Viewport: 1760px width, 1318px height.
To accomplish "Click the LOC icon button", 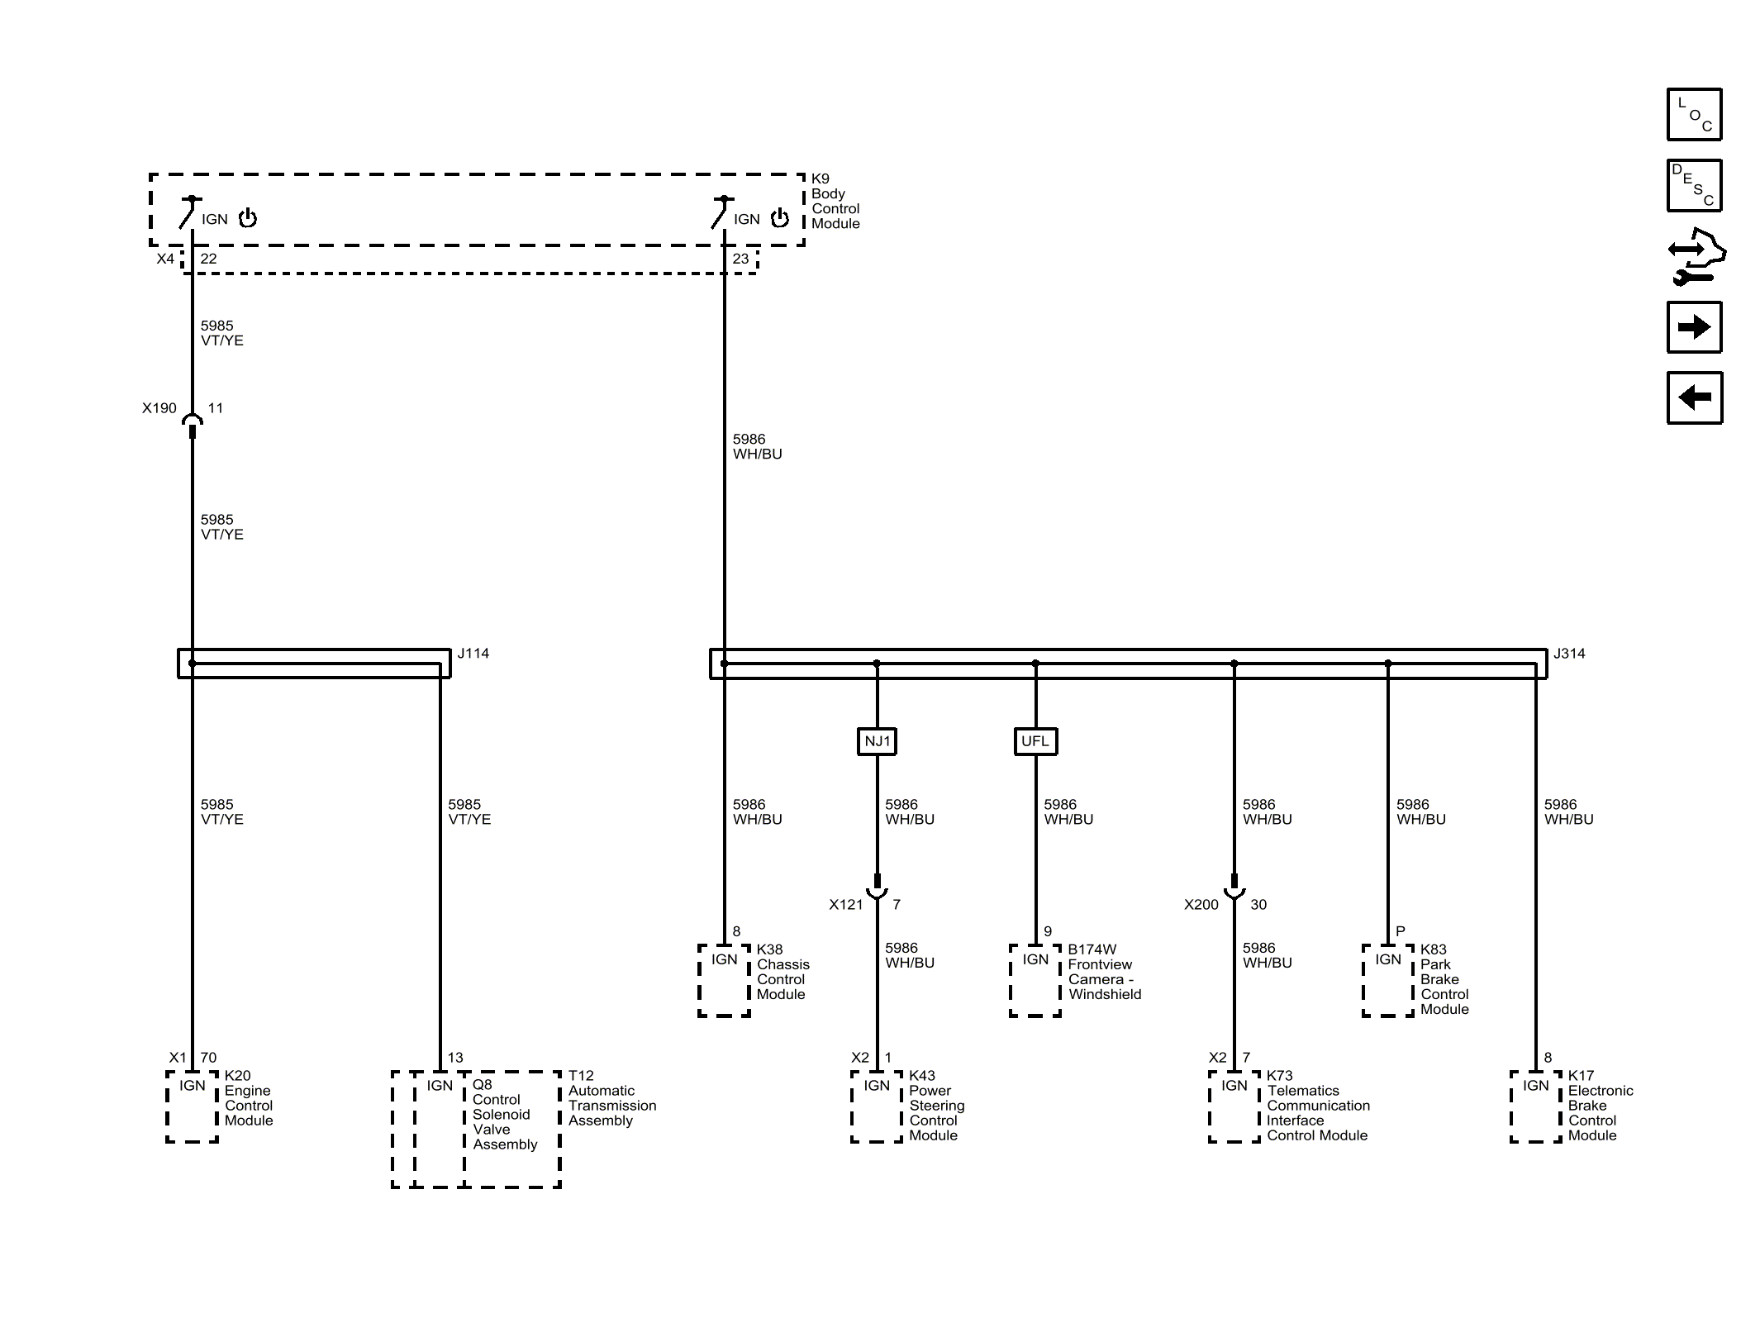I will click(1694, 114).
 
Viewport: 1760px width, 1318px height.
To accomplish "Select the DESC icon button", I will click(1694, 186).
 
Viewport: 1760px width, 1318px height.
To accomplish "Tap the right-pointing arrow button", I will click(1694, 327).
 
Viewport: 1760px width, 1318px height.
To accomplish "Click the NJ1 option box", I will click(877, 741).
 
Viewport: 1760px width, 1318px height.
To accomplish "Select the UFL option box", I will click(1035, 741).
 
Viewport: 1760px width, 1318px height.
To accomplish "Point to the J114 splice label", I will click(473, 654).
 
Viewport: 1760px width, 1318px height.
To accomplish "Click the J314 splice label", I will click(1569, 654).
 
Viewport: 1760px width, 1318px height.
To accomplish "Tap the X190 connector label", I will click(159, 408).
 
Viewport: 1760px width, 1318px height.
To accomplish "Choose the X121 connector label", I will click(846, 905).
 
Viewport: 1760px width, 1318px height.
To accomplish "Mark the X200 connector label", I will click(1201, 905).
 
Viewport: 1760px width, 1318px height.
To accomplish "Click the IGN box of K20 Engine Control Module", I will click(193, 1106).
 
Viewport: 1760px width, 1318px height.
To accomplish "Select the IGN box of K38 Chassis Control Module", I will click(725, 980).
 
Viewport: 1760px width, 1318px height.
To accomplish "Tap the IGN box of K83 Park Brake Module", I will click(1388, 980).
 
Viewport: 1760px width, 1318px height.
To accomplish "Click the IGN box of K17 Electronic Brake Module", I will click(1536, 1106).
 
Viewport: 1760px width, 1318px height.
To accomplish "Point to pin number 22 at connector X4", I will click(208, 259).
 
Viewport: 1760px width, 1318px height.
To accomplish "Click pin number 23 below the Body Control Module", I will click(740, 259).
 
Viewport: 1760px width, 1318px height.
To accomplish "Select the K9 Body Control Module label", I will click(835, 201).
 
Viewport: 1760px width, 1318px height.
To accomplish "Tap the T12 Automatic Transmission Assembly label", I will click(611, 1098).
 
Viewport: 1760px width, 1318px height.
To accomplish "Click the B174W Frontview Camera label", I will click(1104, 972).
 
